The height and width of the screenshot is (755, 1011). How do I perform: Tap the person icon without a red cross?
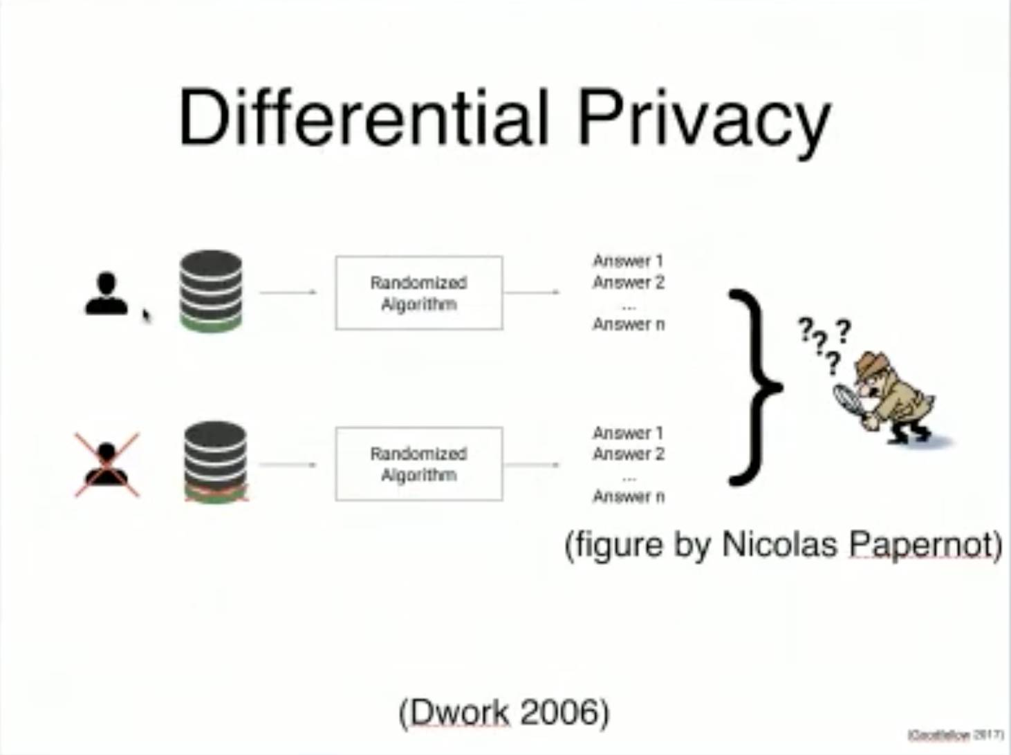point(106,295)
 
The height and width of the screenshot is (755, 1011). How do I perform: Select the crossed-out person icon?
point(106,465)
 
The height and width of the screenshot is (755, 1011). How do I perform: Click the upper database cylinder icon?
point(211,290)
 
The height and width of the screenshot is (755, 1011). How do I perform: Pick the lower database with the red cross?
point(215,462)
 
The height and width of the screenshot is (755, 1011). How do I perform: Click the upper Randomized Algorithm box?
point(419,293)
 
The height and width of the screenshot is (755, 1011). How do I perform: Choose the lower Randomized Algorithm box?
point(419,464)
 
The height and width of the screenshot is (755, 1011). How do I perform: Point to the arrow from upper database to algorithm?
point(288,292)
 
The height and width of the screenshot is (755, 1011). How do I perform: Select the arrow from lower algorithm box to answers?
point(532,465)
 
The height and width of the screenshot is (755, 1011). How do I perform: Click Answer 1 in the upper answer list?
point(628,261)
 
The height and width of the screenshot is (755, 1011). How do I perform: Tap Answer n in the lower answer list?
point(628,496)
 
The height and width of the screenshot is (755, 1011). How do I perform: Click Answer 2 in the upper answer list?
point(628,282)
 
